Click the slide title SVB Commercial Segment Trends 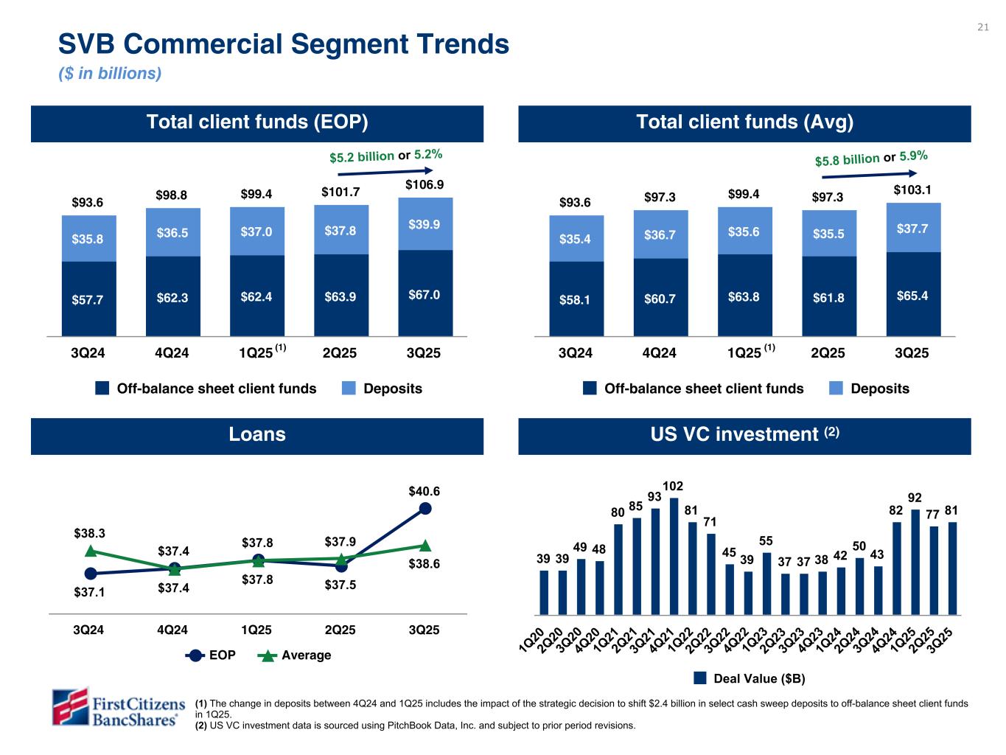click(284, 44)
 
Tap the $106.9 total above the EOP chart click(425, 184)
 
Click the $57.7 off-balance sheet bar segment click(87, 300)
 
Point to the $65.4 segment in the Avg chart click(912, 296)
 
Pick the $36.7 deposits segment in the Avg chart click(660, 234)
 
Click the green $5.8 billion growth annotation click(847, 159)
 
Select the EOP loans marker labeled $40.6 click(425, 508)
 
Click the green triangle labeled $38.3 click(91, 550)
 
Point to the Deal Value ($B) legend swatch click(701, 678)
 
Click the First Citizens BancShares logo click(114, 709)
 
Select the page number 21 click(982, 28)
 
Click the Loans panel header click(257, 435)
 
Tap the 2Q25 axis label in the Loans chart click(340, 630)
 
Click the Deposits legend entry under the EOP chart click(382, 389)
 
